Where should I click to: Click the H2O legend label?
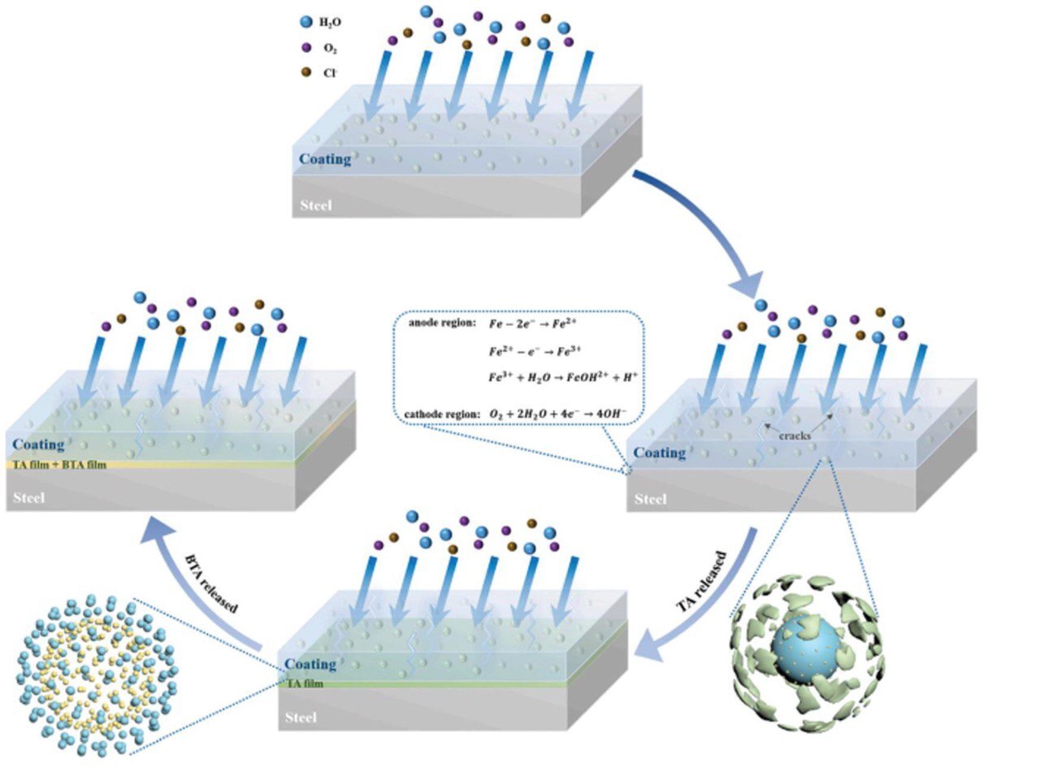point(330,22)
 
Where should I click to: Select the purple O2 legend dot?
point(306,47)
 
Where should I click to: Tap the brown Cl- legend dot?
point(306,72)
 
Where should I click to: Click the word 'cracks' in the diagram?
point(795,436)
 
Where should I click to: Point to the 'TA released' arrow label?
point(700,581)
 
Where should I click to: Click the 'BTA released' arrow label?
point(211,583)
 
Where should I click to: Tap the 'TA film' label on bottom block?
point(305,683)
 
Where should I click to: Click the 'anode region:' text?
point(441,323)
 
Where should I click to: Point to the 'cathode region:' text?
point(442,414)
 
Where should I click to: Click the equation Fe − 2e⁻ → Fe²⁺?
point(532,324)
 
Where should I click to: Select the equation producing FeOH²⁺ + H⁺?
point(563,377)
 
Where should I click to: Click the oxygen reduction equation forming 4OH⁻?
point(558,414)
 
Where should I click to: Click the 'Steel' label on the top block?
point(316,205)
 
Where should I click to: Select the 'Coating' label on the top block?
point(325,158)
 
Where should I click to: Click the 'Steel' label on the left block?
point(29,497)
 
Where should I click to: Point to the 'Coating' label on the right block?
point(660,453)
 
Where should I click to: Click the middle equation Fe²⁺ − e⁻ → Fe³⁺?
point(535,351)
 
